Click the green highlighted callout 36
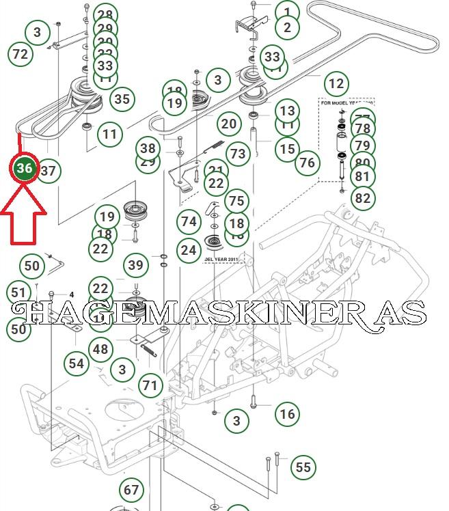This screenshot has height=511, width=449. click(x=25, y=168)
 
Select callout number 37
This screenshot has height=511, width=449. click(x=48, y=171)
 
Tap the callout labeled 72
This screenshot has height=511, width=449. click(x=21, y=54)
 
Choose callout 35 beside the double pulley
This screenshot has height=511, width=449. click(x=122, y=99)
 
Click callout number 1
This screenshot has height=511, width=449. click(x=288, y=12)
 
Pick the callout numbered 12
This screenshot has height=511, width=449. click(x=336, y=84)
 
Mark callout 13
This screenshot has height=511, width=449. click(x=288, y=111)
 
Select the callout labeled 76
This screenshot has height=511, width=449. click(x=308, y=163)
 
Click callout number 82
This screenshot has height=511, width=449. click(x=363, y=198)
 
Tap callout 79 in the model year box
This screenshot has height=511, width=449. click(x=363, y=146)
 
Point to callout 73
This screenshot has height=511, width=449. click(x=237, y=154)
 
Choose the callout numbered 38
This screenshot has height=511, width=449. click(x=148, y=148)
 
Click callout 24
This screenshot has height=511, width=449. click(x=189, y=251)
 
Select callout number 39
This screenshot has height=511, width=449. click(x=137, y=266)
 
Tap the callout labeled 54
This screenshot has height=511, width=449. click(x=77, y=363)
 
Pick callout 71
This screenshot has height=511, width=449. click(x=150, y=385)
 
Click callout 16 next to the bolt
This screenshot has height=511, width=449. click(x=288, y=413)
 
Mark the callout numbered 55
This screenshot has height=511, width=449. click(x=303, y=468)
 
